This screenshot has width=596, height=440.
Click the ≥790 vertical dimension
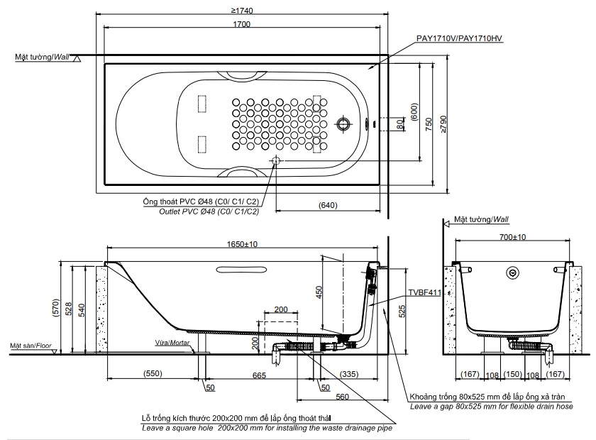(x=443, y=124)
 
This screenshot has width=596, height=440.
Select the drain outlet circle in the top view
(x=275, y=161)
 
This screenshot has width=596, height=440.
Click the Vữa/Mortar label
(x=172, y=343)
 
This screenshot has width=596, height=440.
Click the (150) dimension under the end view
(x=511, y=375)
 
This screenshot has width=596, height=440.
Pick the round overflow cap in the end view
(x=512, y=273)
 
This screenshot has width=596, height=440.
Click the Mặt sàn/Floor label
(x=32, y=346)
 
